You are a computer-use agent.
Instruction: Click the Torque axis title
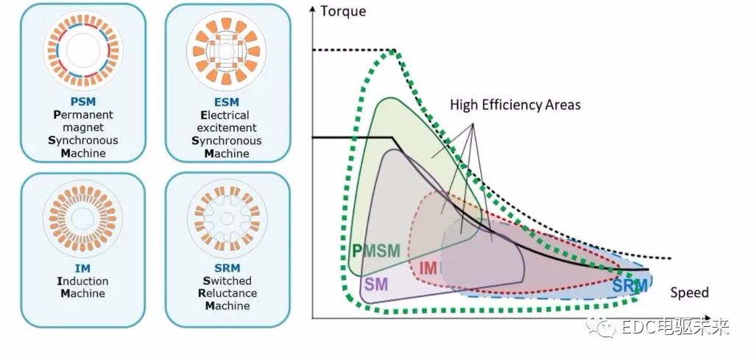click(344, 11)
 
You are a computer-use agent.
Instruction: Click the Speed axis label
click(689, 292)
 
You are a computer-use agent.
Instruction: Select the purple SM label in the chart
click(376, 282)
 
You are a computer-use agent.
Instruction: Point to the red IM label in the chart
click(428, 269)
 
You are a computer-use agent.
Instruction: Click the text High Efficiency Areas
click(515, 105)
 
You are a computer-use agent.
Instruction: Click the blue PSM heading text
click(82, 102)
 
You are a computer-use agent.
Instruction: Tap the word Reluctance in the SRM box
click(228, 293)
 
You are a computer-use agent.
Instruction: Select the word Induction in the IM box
click(82, 281)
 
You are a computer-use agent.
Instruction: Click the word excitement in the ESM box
click(228, 128)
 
